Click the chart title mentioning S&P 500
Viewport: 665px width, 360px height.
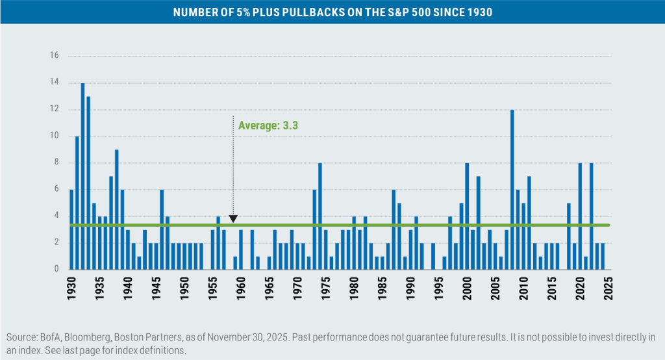(x=332, y=12)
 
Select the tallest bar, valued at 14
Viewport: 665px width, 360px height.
(x=82, y=176)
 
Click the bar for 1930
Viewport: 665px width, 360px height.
(x=71, y=229)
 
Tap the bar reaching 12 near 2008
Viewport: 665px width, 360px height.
(x=512, y=189)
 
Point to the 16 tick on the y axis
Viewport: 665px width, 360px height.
(x=55, y=56)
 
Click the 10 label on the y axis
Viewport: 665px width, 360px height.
(x=55, y=136)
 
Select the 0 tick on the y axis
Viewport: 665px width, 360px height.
(x=56, y=269)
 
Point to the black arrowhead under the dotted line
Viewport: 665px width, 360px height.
(x=233, y=219)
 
